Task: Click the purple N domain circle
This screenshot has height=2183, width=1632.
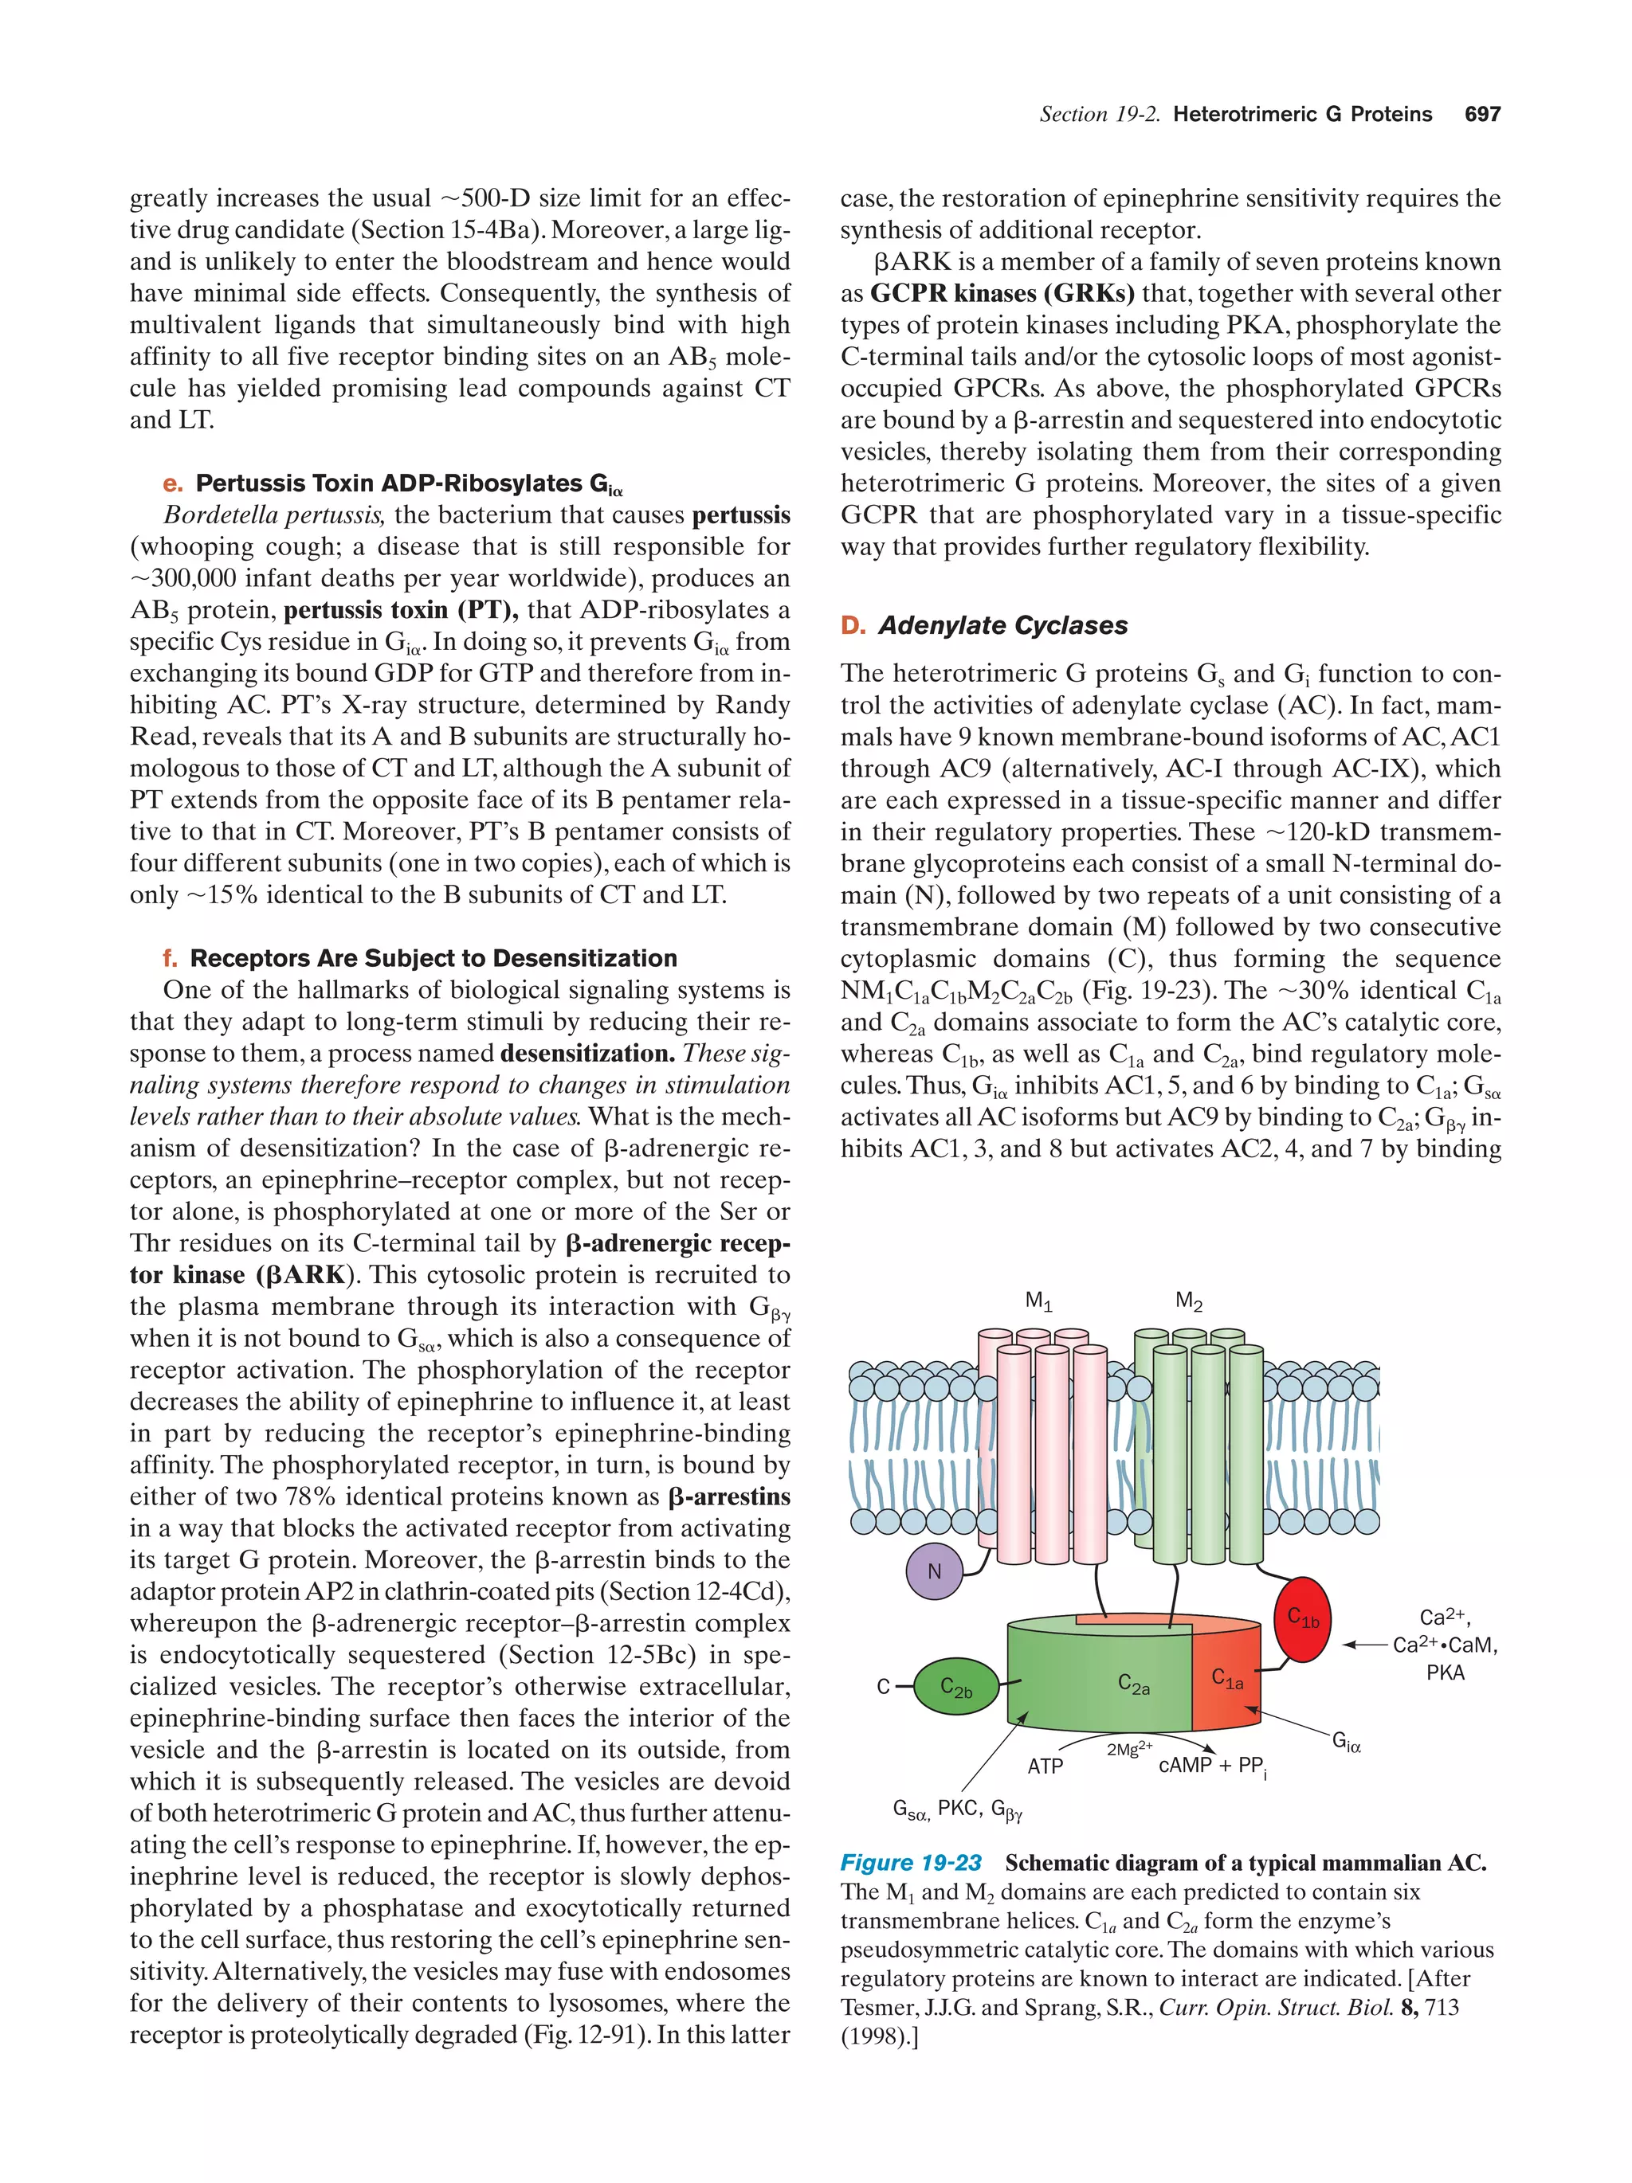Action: [x=933, y=1572]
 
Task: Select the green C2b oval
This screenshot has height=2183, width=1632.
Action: [x=955, y=1688]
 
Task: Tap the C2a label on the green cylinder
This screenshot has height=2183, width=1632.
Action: [x=1132, y=1684]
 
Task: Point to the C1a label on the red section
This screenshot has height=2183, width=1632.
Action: [x=1227, y=1679]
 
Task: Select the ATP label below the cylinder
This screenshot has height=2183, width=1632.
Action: [x=1045, y=1766]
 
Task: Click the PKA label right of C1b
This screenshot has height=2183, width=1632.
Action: [x=1446, y=1672]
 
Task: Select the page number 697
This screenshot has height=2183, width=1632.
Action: [x=1482, y=115]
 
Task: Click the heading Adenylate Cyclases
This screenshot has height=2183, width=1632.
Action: [x=1002, y=626]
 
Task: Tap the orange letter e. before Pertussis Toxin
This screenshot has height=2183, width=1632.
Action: [x=173, y=483]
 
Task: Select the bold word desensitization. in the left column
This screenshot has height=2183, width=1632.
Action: [x=587, y=1054]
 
